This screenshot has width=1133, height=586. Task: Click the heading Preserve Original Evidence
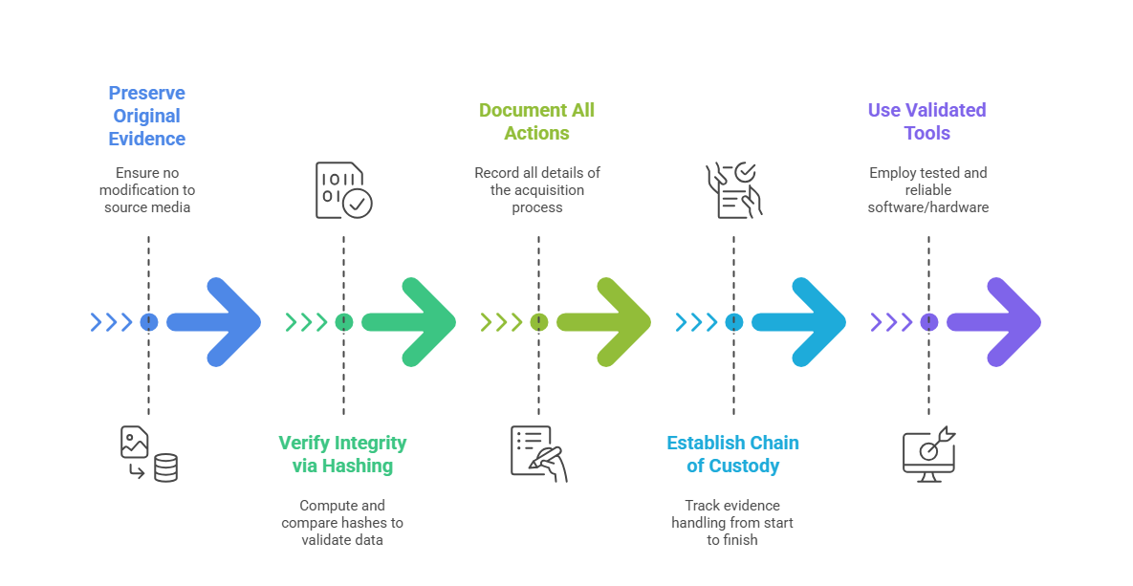pos(146,116)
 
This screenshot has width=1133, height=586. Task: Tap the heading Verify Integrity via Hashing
pos(342,454)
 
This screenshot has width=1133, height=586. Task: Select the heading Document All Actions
pos(536,121)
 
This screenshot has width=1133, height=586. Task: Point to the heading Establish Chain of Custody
pos(732,454)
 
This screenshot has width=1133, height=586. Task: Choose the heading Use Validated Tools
pos(926,121)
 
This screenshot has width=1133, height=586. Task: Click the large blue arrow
pos(218,322)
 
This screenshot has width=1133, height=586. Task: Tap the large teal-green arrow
pos(413,322)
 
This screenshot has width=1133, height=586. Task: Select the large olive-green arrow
pos(608,322)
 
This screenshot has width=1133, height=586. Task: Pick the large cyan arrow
pos(803,322)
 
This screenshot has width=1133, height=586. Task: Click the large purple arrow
pos(998,322)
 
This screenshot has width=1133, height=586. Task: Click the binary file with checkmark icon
pos(343,189)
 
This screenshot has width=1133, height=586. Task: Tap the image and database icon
pos(148,454)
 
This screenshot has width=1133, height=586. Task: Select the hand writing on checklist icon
pos(538,453)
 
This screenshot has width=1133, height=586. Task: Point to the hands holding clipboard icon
pos(733,189)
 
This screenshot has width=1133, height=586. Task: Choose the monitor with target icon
pos(928,454)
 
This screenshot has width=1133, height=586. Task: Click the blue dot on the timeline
pos(148,322)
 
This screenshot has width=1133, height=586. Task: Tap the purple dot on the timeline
pos(928,322)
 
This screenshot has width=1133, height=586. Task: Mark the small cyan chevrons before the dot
pos(696,322)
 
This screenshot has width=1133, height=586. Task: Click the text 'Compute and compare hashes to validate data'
pos(342,523)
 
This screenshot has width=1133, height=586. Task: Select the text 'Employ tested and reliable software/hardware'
pos(927,189)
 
